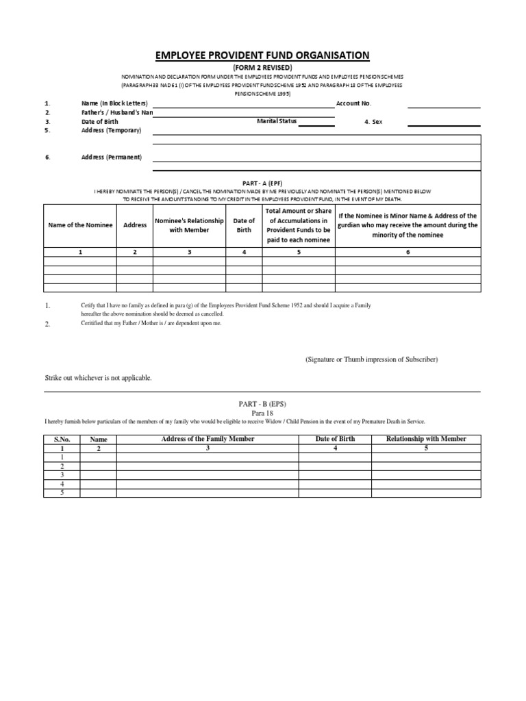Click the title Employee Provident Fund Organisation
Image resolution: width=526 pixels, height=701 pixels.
tap(263, 55)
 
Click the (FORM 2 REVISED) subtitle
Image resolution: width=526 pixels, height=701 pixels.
tap(263, 67)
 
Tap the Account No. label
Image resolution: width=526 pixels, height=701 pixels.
tap(353, 103)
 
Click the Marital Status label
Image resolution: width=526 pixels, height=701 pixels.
tap(277, 121)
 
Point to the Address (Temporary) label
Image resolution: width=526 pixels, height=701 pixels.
tap(111, 130)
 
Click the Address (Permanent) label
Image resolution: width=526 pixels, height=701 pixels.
tap(111, 157)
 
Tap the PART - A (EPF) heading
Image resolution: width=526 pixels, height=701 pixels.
tap(263, 183)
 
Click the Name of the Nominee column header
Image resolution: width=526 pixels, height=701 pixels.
tap(80, 225)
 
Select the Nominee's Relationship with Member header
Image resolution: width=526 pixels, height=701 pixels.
tap(189, 225)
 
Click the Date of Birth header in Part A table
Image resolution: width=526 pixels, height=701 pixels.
tap(244, 225)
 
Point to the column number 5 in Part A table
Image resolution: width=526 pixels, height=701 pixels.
tap(299, 252)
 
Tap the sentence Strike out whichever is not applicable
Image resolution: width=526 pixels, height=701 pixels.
tap(99, 378)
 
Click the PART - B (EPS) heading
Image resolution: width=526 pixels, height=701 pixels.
tap(263, 405)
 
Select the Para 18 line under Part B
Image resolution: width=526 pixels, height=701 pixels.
tap(263, 413)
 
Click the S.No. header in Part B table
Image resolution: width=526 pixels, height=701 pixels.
tap(62, 439)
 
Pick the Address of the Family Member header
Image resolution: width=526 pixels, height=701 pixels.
tap(208, 439)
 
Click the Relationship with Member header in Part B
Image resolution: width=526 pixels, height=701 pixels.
tap(426, 439)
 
